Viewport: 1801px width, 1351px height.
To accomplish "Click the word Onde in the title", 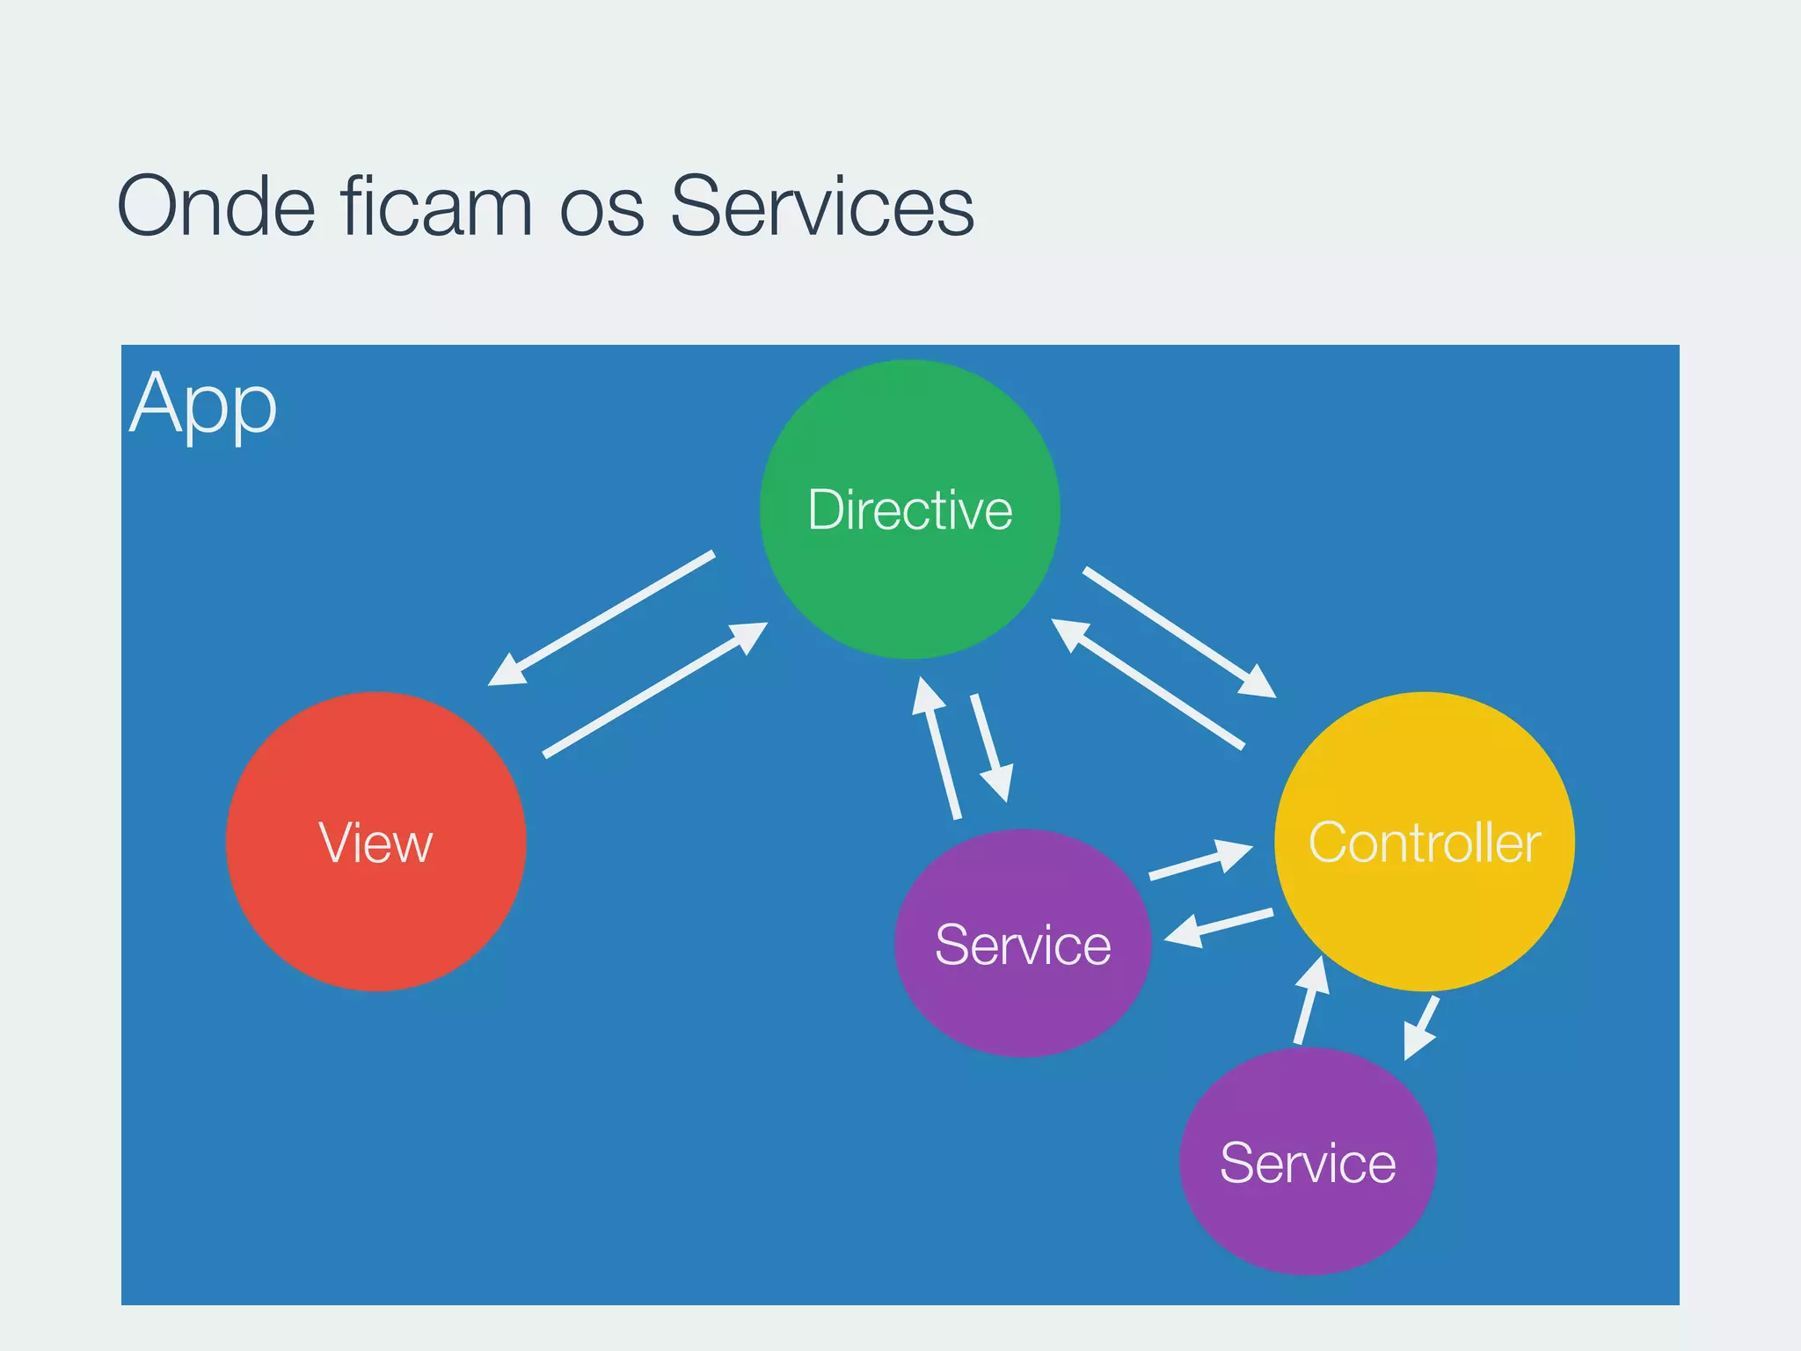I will (215, 207).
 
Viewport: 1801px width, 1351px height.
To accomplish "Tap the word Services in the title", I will (821, 207).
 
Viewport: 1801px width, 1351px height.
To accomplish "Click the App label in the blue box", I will (203, 405).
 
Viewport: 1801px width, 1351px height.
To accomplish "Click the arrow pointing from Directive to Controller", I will (1178, 632).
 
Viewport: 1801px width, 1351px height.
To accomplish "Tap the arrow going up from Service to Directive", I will (937, 748).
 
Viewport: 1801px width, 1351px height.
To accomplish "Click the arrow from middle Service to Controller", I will (1199, 859).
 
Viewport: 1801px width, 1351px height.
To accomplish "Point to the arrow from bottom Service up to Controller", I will (1310, 1001).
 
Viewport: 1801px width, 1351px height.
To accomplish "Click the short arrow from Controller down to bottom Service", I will (1421, 1027).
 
